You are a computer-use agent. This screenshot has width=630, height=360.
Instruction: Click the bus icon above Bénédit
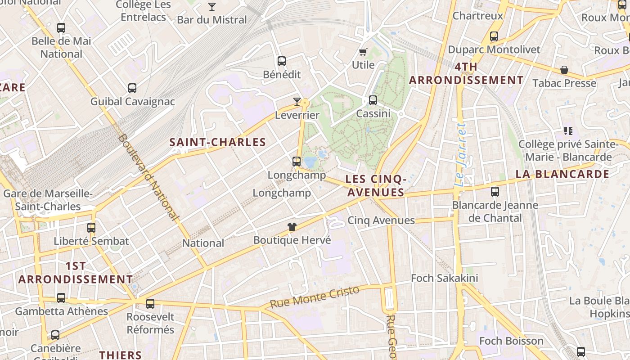[282, 61]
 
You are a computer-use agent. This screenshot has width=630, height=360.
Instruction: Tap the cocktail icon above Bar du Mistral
[212, 7]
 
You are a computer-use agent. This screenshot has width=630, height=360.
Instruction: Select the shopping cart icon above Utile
[363, 52]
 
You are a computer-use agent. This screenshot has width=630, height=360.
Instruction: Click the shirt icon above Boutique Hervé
[292, 227]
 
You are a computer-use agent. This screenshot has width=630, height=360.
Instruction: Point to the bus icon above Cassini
[373, 100]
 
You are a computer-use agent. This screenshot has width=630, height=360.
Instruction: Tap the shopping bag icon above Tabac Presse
[564, 70]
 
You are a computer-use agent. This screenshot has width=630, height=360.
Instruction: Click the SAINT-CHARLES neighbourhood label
[218, 143]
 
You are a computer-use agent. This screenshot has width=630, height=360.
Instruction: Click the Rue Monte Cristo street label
[315, 297]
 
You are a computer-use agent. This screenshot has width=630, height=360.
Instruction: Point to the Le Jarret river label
[460, 155]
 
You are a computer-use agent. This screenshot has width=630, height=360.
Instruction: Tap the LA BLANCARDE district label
[562, 174]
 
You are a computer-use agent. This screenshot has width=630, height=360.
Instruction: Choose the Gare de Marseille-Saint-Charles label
[48, 200]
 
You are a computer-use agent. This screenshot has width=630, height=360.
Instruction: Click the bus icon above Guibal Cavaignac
[132, 88]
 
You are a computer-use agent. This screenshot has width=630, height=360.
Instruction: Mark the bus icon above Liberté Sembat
[91, 228]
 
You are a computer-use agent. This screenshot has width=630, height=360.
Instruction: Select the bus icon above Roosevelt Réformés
[150, 304]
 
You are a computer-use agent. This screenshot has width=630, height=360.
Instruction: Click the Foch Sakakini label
[444, 278]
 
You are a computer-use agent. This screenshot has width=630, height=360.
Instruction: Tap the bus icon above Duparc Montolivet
[494, 36]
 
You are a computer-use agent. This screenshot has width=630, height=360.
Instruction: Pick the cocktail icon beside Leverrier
[297, 102]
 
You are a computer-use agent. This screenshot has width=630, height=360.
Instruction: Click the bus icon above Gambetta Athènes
[61, 298]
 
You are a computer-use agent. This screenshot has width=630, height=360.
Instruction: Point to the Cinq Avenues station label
[381, 220]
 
